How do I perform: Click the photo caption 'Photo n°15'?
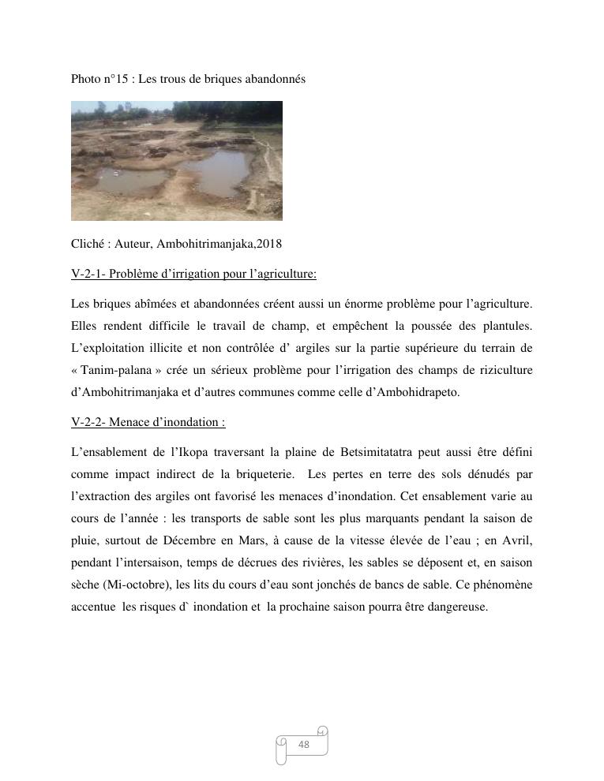pos(99,80)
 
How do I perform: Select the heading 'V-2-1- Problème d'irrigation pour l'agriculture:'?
pos(193,274)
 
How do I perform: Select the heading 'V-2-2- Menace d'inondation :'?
pos(148,422)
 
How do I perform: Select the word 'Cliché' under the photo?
pos(88,243)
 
